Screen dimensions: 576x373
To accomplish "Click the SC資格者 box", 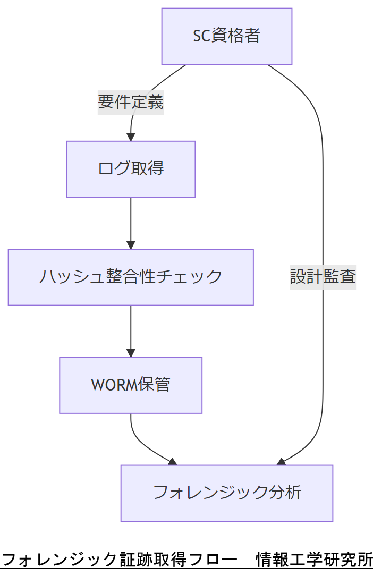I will click(x=227, y=36).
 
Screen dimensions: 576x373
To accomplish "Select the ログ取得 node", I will click(x=131, y=169).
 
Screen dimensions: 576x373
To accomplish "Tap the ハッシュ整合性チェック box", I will click(x=131, y=277).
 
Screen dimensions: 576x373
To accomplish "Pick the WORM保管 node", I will click(x=131, y=385).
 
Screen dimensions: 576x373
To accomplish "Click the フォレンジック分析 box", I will click(x=227, y=493).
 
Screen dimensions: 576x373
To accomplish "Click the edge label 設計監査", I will click(x=323, y=277).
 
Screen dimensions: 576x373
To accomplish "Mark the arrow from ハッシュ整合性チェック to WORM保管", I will click(x=131, y=330).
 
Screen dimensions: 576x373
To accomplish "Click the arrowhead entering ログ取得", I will click(x=131, y=137).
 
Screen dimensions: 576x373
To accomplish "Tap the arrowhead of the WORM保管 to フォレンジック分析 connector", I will click(x=173, y=462).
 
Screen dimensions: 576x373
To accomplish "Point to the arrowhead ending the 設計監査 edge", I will click(x=281, y=462).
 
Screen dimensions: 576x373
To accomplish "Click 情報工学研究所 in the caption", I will click(x=314, y=560).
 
